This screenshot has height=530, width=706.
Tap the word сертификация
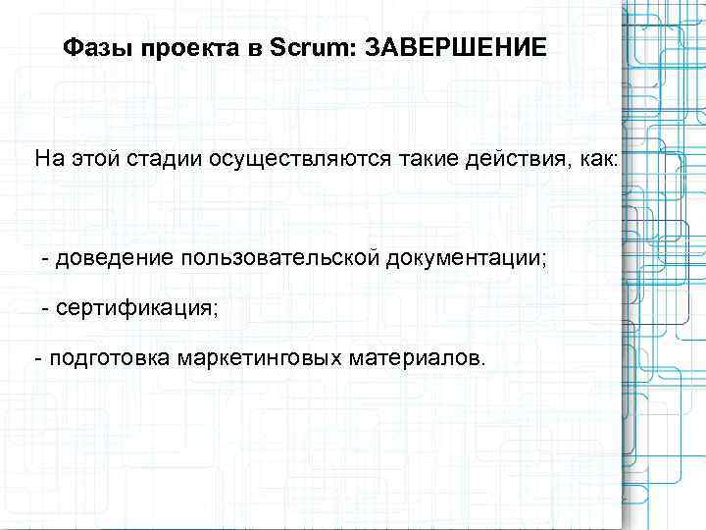pyautogui.click(x=136, y=308)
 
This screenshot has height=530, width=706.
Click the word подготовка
pyautogui.click(x=108, y=358)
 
